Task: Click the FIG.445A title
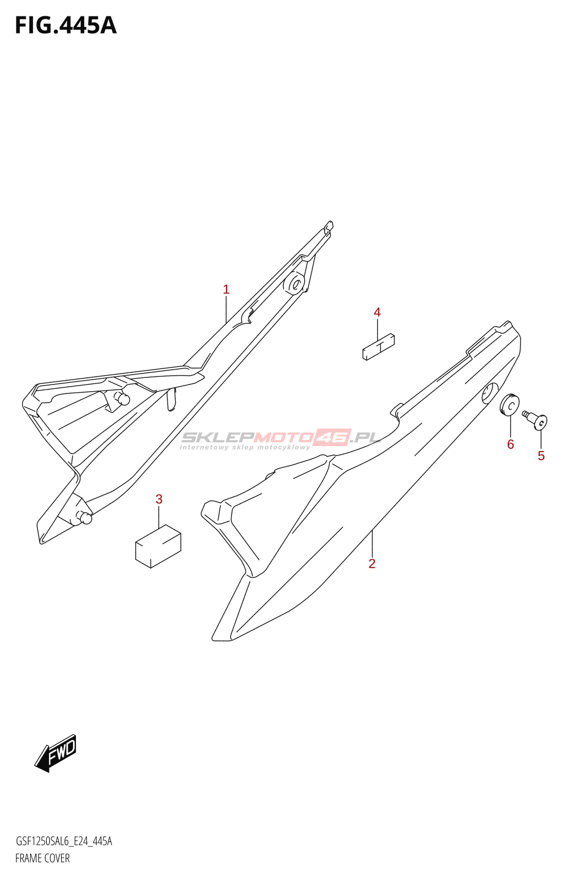tap(65, 26)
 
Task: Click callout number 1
tap(226, 290)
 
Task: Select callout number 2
tap(372, 564)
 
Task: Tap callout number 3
tap(159, 499)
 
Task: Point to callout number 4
tap(377, 313)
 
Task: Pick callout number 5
tap(541, 455)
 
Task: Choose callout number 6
tap(510, 444)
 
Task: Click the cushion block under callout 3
tap(158, 546)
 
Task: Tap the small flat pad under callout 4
tap(379, 347)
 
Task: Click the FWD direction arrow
tap(56, 753)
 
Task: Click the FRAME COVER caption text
tap(42, 858)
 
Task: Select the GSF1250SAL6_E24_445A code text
tap(64, 841)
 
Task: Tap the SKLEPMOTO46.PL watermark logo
tap(280, 438)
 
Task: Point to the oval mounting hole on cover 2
tap(489, 393)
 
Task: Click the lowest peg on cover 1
tap(85, 517)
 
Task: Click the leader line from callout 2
tap(372, 544)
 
